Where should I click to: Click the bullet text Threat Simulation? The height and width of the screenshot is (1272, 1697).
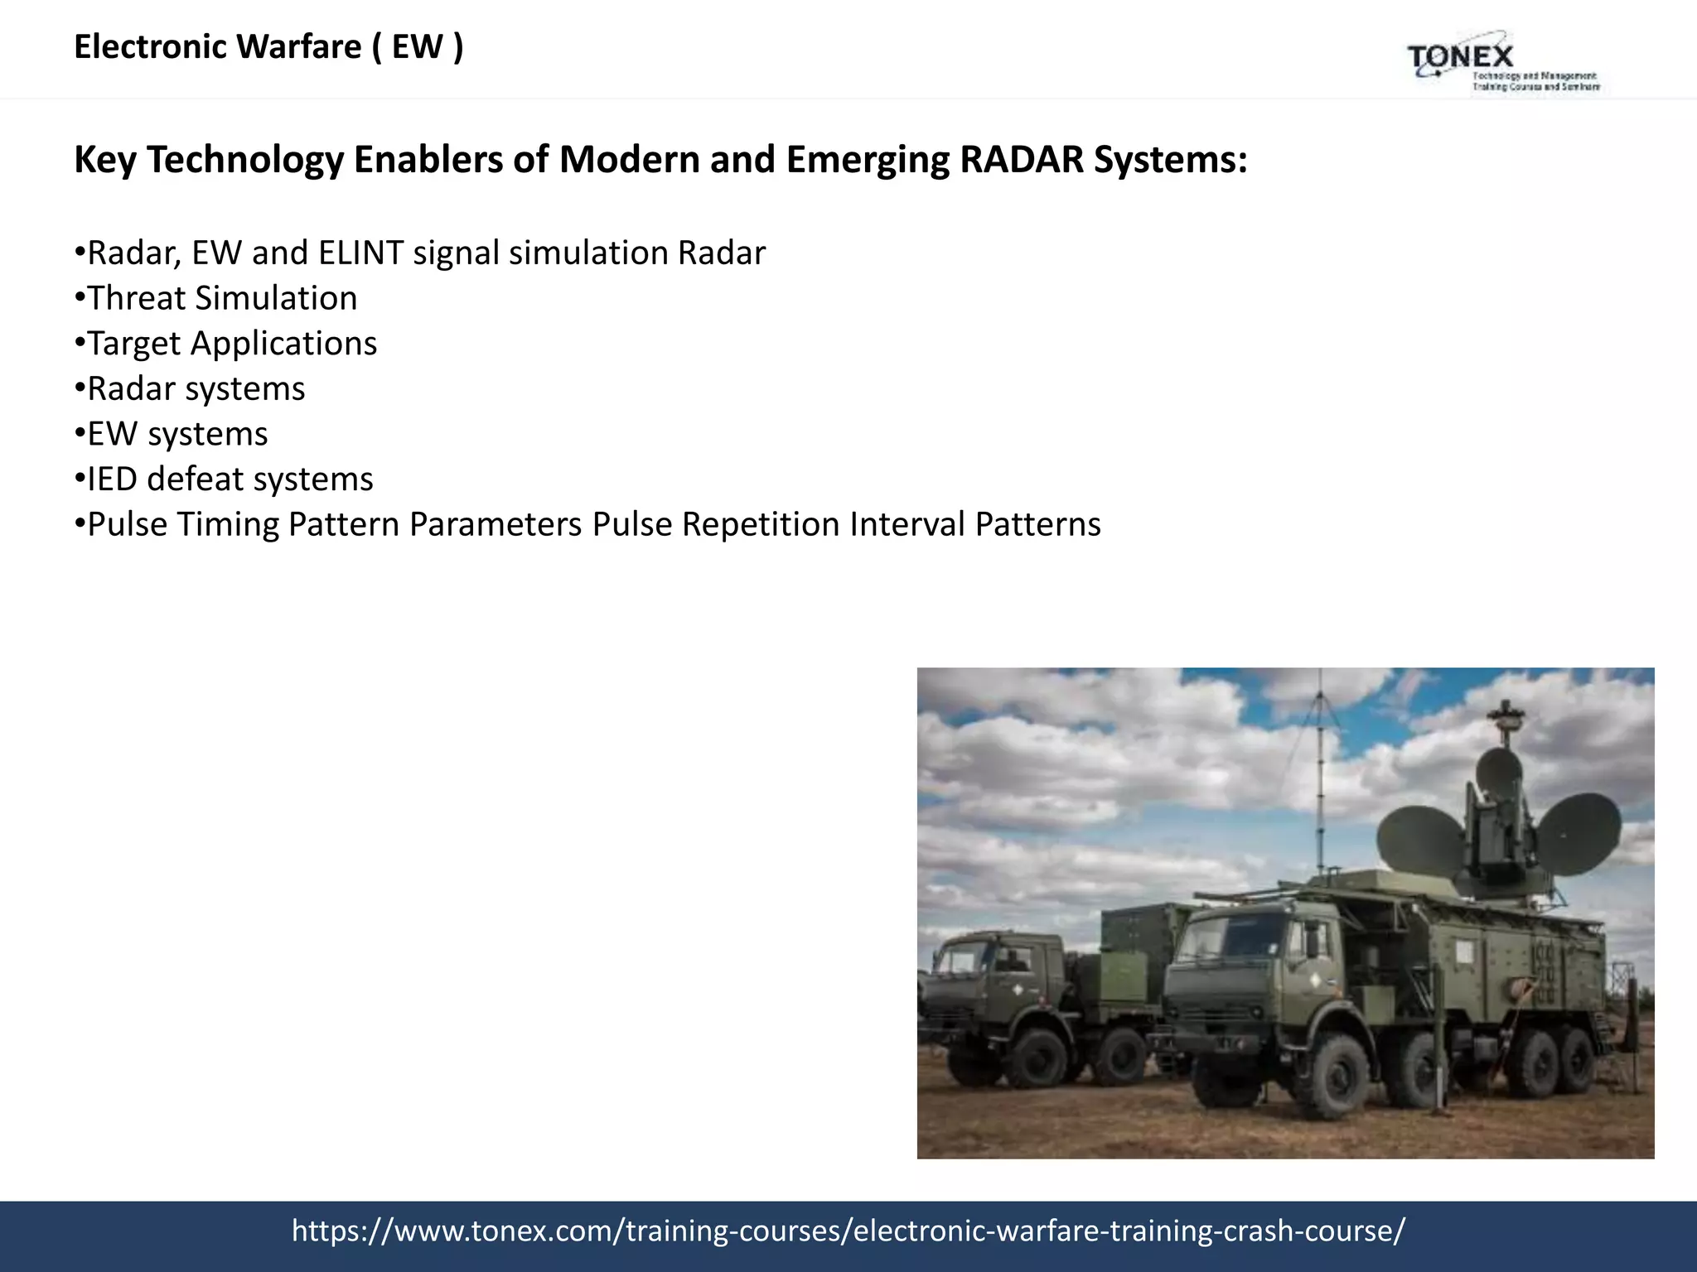pyautogui.click(x=222, y=298)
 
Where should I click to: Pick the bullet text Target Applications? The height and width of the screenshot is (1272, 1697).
pyautogui.click(x=232, y=344)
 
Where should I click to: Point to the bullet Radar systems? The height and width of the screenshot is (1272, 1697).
pyautogui.click(x=196, y=388)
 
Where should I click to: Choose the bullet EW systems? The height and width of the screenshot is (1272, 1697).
pyautogui.click(x=177, y=434)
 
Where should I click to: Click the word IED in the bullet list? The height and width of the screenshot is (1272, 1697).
pyautogui.click(x=112, y=479)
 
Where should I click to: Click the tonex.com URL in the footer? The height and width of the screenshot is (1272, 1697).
pyautogui.click(x=848, y=1231)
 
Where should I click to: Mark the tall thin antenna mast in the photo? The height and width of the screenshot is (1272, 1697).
pyautogui.click(x=1320, y=795)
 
